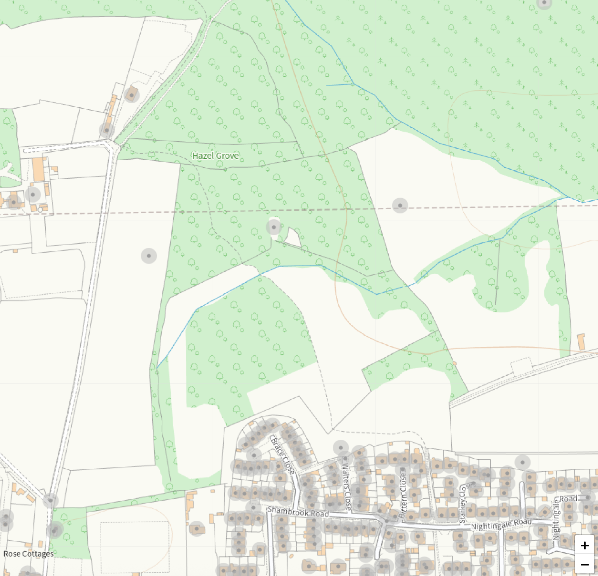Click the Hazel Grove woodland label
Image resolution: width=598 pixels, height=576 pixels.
pos(215,156)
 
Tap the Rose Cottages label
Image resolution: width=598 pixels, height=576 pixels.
pos(29,554)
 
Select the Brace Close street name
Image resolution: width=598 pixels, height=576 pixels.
pos(282,455)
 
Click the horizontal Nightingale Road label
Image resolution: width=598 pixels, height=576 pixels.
pos(501,524)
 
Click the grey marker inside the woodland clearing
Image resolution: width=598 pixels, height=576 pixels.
pos(273,227)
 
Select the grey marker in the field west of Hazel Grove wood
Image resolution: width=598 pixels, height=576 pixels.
pos(149,256)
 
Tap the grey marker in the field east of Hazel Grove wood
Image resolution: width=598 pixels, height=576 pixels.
pos(400,205)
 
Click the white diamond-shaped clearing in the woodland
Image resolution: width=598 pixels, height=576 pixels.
pos(294,237)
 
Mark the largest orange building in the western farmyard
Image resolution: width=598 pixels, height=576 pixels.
pos(38,169)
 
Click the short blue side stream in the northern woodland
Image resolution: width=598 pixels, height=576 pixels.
pos(340,85)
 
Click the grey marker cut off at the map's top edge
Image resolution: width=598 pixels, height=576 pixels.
pos(544,3)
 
